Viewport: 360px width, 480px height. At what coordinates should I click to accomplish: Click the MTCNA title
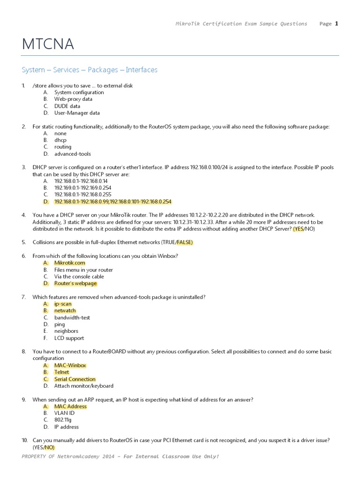point(48,44)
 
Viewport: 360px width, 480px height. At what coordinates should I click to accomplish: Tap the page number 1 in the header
point(337,23)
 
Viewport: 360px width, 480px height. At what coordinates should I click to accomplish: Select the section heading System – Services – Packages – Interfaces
point(90,70)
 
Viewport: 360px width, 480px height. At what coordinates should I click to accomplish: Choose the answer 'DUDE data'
point(67,106)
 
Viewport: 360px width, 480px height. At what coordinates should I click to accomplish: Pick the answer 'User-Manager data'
point(77,113)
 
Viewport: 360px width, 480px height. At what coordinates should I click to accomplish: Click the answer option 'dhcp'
point(60,140)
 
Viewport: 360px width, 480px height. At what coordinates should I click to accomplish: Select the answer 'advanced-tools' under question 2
point(72,154)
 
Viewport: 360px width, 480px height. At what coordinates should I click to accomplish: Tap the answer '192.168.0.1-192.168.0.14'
point(81,181)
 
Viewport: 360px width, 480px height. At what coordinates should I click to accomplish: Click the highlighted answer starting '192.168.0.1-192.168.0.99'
point(112,202)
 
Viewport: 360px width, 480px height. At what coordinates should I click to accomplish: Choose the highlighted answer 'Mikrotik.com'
point(69,263)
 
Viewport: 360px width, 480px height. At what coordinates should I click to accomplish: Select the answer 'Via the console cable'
point(79,277)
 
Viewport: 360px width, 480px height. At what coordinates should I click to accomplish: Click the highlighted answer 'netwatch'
point(65,311)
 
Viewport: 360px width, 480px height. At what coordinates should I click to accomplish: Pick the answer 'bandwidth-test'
point(72,317)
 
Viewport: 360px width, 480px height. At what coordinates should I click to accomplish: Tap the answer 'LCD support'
point(69,338)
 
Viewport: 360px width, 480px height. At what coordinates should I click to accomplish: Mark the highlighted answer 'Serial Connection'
point(75,379)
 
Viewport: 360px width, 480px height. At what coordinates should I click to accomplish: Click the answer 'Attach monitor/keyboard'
point(83,386)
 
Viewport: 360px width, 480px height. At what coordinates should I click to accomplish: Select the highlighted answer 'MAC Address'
point(70,406)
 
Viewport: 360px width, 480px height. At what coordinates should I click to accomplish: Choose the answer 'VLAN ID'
point(64,413)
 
